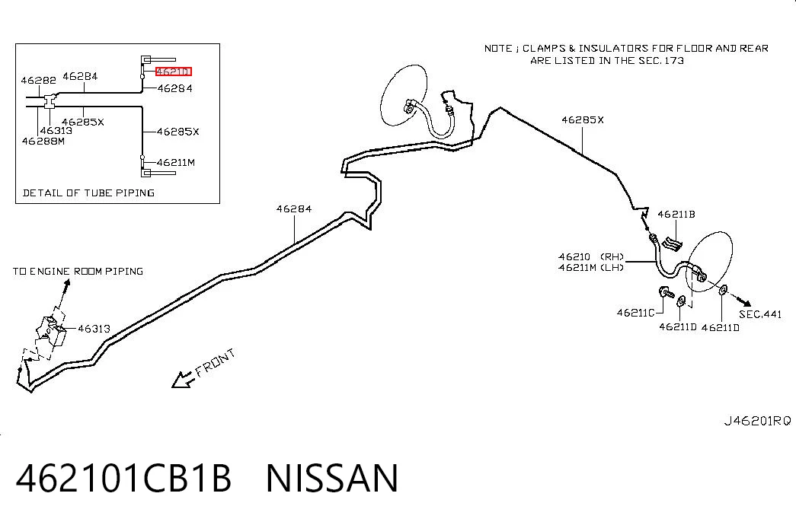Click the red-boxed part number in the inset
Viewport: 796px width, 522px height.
(x=174, y=72)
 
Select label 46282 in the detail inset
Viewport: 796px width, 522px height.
(x=39, y=80)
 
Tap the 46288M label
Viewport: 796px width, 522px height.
(x=43, y=141)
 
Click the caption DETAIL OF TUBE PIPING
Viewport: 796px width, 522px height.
(x=89, y=193)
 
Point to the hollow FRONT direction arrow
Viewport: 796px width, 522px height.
(x=182, y=380)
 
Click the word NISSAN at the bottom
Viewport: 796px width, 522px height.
(x=332, y=479)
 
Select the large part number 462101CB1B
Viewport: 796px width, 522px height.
(x=124, y=479)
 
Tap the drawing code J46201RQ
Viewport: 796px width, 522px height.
(x=757, y=421)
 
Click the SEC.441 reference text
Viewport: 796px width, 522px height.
(x=760, y=314)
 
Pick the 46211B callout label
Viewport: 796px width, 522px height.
(x=676, y=214)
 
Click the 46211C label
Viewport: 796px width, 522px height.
(x=635, y=313)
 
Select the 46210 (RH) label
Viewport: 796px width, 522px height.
(x=591, y=256)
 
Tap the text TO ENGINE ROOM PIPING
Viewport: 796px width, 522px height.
(x=78, y=272)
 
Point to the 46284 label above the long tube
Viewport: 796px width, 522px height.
(x=294, y=208)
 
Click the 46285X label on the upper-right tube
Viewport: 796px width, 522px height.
(x=583, y=119)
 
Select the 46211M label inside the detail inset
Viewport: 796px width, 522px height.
(x=176, y=162)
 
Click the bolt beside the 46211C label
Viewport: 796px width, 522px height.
(x=666, y=292)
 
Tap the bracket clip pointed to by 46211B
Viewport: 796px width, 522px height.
(x=672, y=243)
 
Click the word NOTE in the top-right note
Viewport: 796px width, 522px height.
(x=498, y=48)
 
